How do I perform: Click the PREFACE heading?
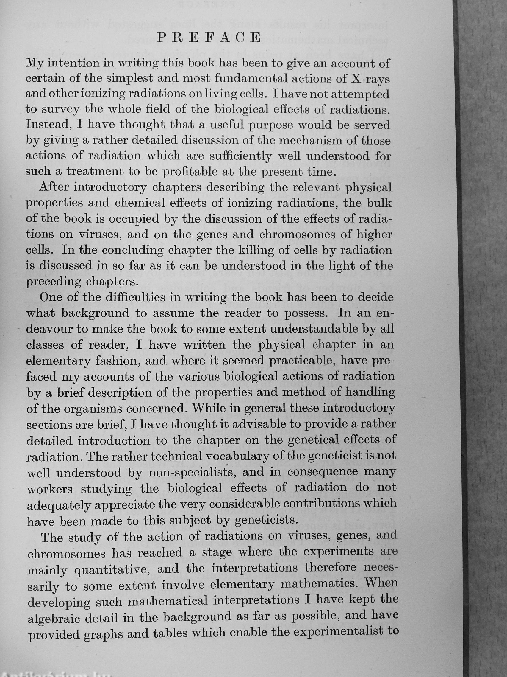[x=209, y=37]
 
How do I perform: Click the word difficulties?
[x=133, y=297]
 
